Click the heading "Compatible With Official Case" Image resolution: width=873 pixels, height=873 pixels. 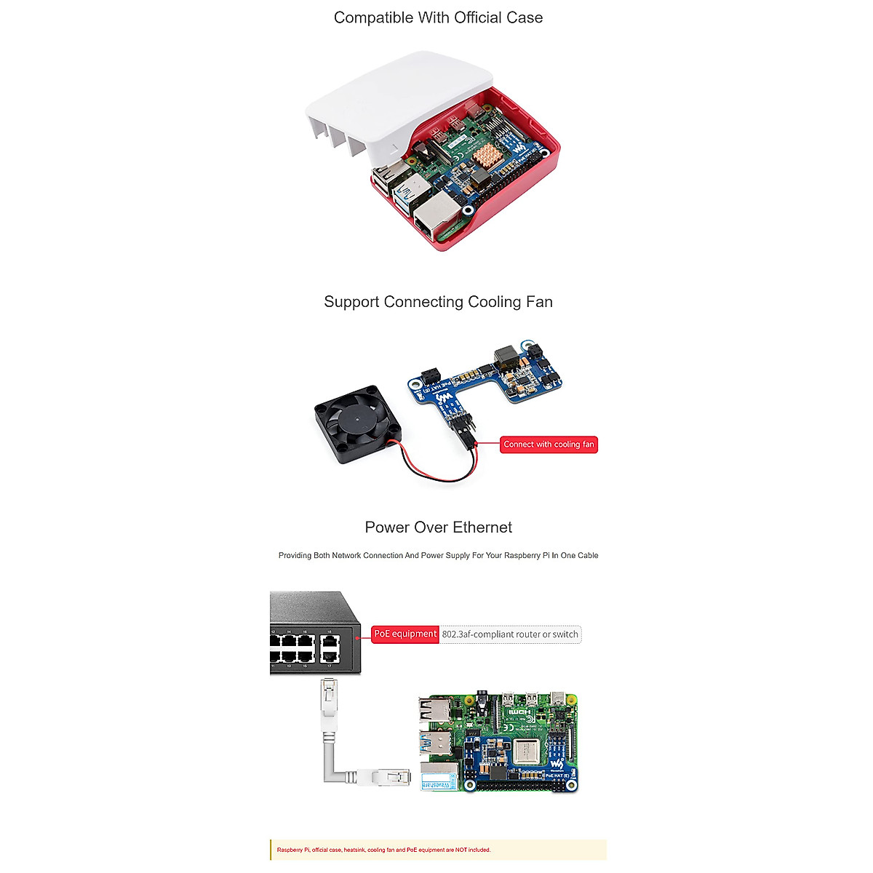point(438,17)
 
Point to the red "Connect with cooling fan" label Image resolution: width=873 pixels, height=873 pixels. point(549,445)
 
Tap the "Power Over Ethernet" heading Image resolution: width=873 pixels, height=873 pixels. point(438,527)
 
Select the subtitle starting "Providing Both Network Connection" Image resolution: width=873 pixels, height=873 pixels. point(438,555)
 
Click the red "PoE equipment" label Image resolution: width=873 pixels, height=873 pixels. point(405,634)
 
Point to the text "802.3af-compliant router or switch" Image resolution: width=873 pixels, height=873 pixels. point(510,634)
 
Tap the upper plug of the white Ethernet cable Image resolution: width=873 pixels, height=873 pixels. point(330,698)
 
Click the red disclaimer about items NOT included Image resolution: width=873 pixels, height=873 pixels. point(383,850)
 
